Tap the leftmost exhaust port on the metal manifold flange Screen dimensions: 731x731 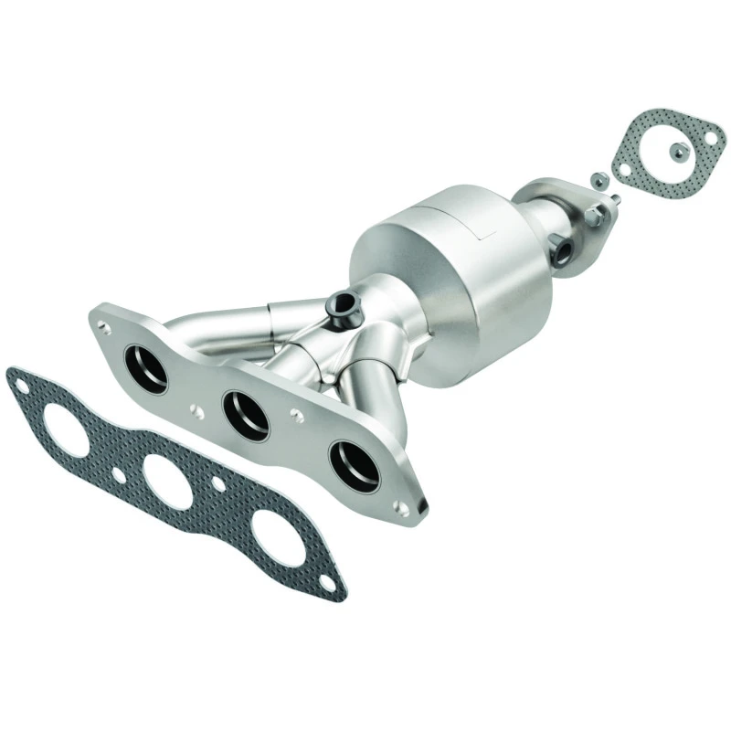pyautogui.click(x=148, y=368)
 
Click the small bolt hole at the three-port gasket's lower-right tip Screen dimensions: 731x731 pyautogui.click(x=332, y=577)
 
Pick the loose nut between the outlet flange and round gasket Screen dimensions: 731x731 pyautogui.click(x=596, y=180)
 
